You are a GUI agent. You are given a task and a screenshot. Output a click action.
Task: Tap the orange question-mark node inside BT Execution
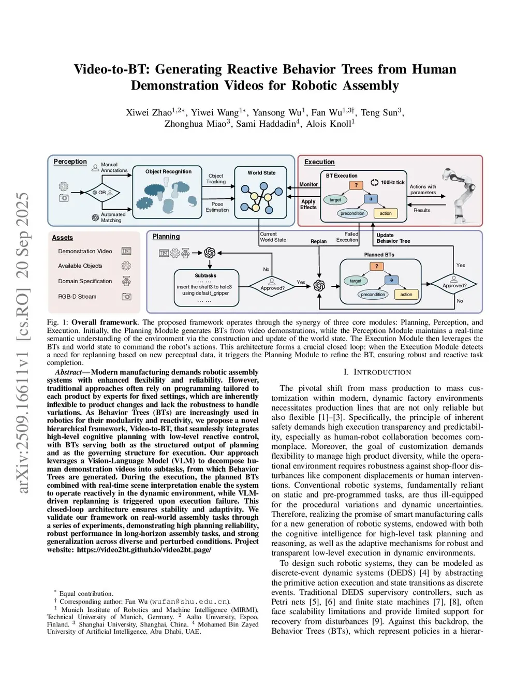(x=356, y=185)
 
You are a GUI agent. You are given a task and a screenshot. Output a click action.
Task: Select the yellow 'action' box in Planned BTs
(x=406, y=294)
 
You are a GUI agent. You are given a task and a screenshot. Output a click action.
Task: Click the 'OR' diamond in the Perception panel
(x=102, y=193)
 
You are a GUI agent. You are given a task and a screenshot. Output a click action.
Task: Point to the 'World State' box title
(x=261, y=173)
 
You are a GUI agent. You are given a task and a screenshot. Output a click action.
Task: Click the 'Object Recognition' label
(x=168, y=171)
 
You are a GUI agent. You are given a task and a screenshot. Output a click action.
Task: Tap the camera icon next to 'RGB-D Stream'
(x=126, y=297)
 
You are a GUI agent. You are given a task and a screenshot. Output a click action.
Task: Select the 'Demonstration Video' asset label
(x=85, y=251)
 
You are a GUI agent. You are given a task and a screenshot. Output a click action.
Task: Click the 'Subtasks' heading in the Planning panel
(x=205, y=275)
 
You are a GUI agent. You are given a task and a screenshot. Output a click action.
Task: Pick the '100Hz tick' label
(x=393, y=182)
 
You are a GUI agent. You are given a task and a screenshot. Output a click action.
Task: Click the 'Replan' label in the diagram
(x=318, y=241)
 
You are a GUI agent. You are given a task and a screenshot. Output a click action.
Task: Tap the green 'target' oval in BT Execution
(x=335, y=200)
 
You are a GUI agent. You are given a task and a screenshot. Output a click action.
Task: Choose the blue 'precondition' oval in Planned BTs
(x=373, y=294)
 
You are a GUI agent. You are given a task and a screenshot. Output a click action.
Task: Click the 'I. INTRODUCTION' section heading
(x=377, y=372)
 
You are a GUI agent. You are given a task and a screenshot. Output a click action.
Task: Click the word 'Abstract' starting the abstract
(x=68, y=372)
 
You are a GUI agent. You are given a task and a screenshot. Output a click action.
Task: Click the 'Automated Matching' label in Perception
(x=113, y=217)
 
